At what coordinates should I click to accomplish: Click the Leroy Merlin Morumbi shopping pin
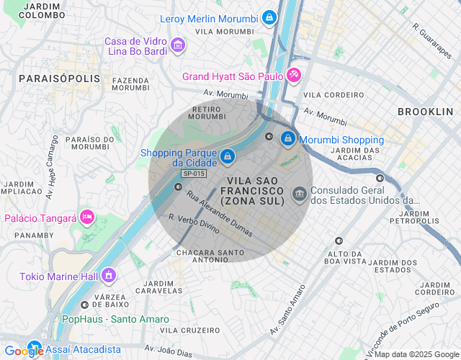[269, 17]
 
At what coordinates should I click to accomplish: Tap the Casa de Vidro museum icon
[178, 47]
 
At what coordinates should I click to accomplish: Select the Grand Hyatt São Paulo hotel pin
[293, 75]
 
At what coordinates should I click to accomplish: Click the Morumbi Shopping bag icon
[287, 138]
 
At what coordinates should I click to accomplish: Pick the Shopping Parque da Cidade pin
[228, 156]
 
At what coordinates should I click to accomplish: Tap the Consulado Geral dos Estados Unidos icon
[298, 194]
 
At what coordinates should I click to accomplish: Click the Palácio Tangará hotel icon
[87, 217]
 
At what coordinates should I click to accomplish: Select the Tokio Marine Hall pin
[109, 275]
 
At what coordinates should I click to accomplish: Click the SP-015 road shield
[194, 174]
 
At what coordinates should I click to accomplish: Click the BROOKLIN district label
[425, 112]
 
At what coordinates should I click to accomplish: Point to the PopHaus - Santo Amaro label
[115, 319]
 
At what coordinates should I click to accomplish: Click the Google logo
[25, 351]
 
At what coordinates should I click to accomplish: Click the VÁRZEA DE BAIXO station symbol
[84, 305]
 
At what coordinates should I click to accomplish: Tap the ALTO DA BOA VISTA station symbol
[339, 241]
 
